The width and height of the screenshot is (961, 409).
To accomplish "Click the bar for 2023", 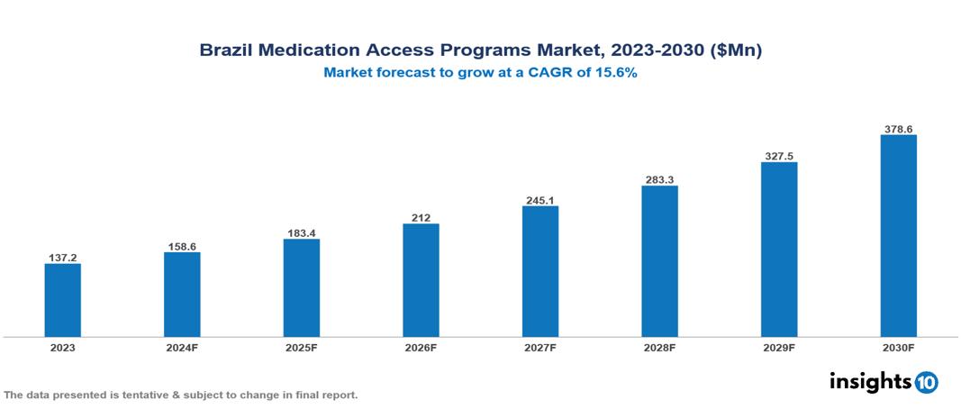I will click(x=63, y=300).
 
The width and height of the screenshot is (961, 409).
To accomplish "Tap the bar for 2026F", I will click(x=421, y=280).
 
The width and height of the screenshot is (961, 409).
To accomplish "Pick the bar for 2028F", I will click(x=659, y=261).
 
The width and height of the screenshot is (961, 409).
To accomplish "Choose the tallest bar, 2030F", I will click(x=898, y=236).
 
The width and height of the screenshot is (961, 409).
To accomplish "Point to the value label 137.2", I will click(x=63, y=257).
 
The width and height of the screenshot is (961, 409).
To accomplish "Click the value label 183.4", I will click(x=301, y=233).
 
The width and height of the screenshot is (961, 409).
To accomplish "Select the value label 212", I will click(x=421, y=217).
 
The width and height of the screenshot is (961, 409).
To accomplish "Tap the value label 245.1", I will click(x=539, y=200).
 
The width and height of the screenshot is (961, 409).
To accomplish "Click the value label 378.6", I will click(x=898, y=129).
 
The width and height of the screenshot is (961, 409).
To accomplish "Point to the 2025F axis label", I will click(x=301, y=347).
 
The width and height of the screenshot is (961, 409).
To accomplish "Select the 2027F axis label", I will click(x=539, y=347).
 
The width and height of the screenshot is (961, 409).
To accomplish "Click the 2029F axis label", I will click(x=778, y=347).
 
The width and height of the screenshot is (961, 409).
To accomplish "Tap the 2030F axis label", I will click(x=898, y=347).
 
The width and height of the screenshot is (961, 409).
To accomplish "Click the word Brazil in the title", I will click(x=226, y=51).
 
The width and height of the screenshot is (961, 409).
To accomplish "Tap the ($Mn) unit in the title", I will click(x=736, y=51).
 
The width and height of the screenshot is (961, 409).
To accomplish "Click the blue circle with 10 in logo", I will click(x=926, y=382).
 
